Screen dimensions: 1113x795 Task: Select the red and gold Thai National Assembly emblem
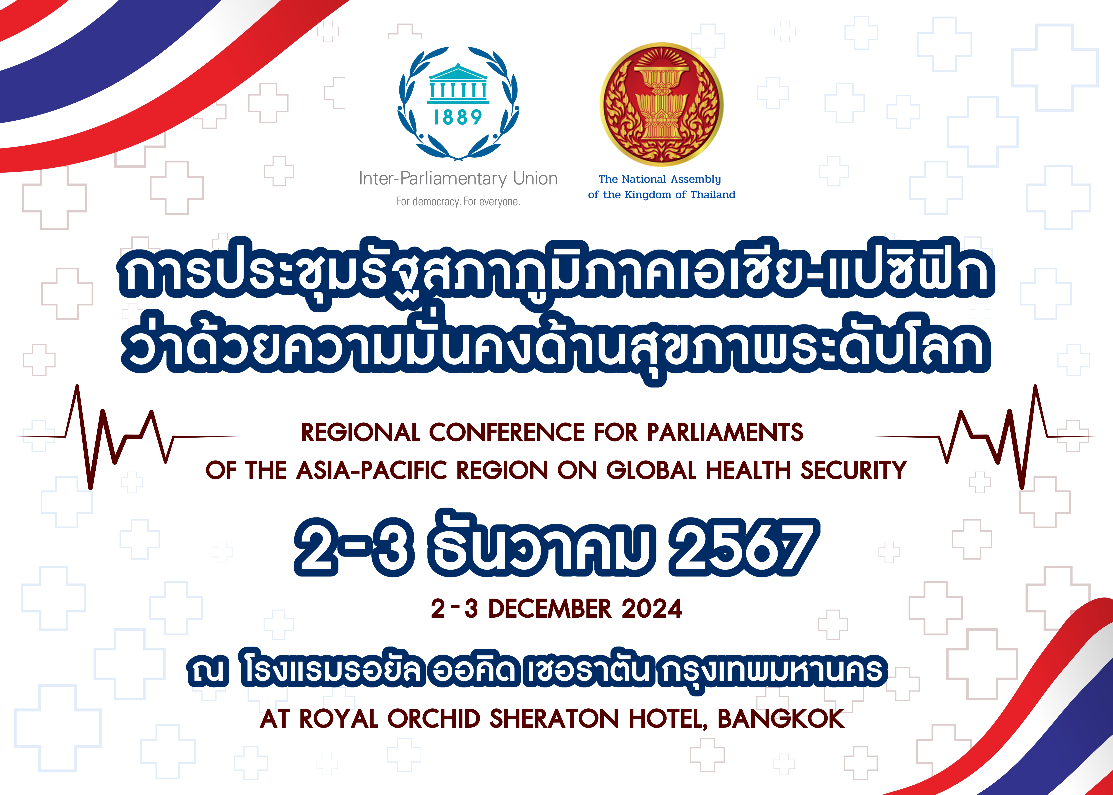click(x=662, y=104)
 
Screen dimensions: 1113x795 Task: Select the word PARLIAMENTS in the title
click(x=725, y=433)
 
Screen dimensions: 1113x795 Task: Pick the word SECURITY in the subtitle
click(x=854, y=471)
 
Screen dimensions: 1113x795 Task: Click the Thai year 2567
click(x=743, y=549)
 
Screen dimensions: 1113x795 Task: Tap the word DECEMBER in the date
click(x=550, y=609)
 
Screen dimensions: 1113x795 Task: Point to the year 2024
click(x=652, y=609)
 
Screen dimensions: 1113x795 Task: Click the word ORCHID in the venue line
click(x=434, y=719)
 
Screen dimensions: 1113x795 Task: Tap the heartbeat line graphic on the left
click(x=127, y=437)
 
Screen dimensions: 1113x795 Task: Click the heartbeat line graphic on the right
click(x=985, y=437)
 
